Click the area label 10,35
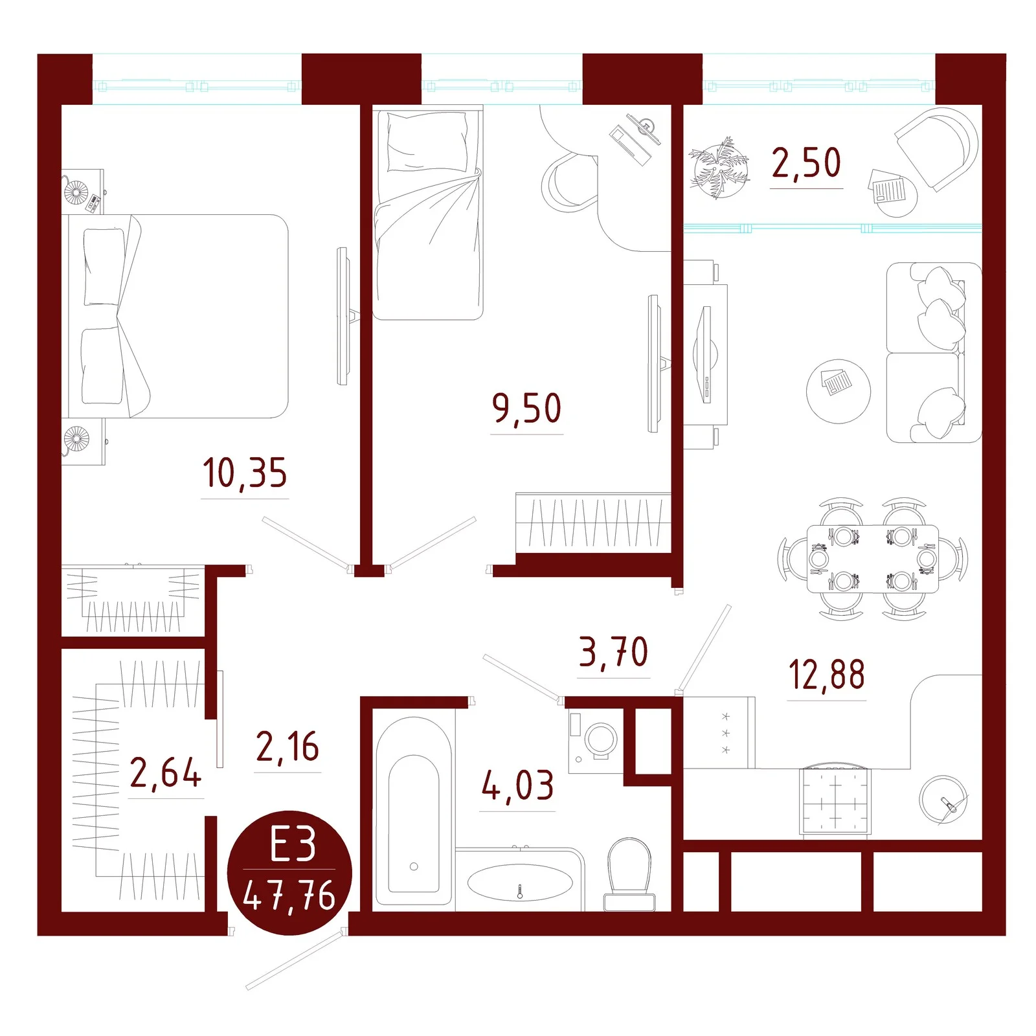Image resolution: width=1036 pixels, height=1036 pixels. (x=245, y=473)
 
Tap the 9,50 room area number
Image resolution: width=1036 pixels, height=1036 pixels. (x=526, y=409)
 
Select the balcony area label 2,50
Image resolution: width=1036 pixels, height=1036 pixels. (x=806, y=163)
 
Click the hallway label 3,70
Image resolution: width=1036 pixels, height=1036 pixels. (x=613, y=651)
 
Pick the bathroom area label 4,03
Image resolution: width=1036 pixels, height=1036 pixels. (x=517, y=785)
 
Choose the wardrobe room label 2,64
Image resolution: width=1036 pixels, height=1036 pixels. (x=166, y=772)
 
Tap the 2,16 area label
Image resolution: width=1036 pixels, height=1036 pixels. (x=287, y=746)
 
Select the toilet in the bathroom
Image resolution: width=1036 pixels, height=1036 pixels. (x=629, y=874)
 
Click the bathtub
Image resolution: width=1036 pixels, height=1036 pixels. (x=414, y=811)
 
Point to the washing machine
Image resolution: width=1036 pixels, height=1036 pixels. (x=596, y=741)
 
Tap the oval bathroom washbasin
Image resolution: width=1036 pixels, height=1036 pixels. (x=520, y=883)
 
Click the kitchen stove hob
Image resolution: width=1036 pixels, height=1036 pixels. (x=835, y=801)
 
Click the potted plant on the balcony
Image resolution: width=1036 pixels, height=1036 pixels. (x=719, y=167)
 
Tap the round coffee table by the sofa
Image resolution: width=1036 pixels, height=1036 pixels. (x=839, y=391)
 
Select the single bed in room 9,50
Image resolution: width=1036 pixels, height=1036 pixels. (x=427, y=214)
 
